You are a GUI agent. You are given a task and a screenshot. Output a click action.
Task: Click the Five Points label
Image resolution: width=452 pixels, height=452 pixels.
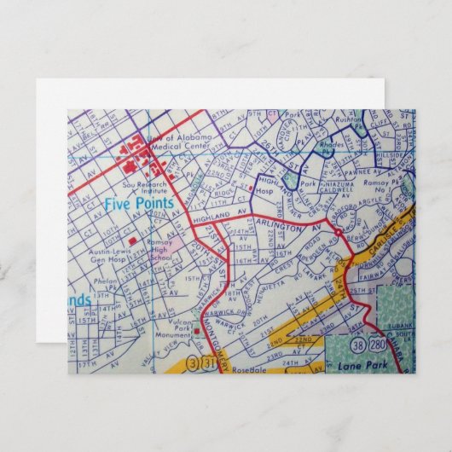tap(138, 204)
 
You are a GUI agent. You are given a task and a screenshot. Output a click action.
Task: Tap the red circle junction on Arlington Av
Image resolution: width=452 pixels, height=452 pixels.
tap(339, 231)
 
